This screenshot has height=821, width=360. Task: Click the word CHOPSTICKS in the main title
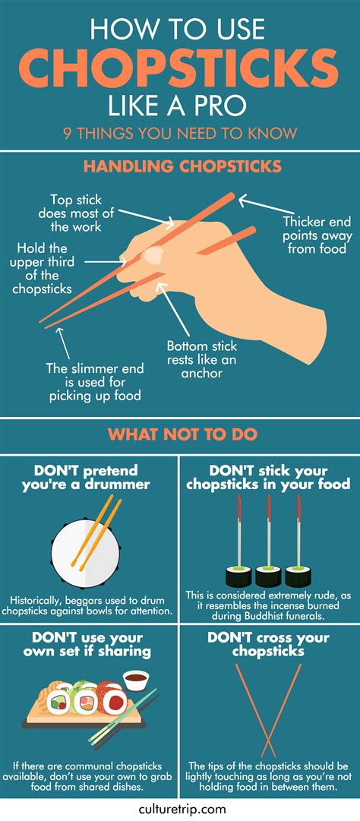click(x=180, y=67)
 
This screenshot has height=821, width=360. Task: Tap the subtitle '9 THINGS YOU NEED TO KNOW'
click(x=180, y=134)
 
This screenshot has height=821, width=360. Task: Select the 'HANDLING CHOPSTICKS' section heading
click(x=180, y=166)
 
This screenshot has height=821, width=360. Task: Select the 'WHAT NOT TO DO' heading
click(x=180, y=435)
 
